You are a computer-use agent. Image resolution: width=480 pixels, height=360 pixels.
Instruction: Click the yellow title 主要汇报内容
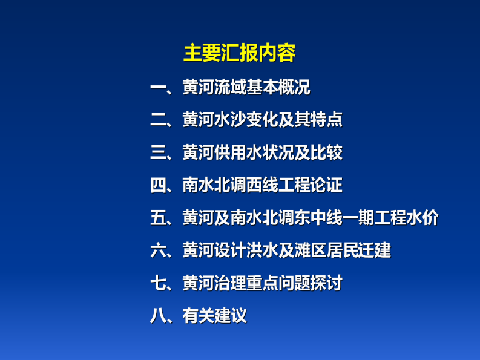[239, 53]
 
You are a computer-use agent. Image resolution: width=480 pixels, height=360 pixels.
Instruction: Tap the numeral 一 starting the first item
[158, 88]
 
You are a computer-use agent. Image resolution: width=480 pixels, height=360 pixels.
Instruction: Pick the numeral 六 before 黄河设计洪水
[158, 250]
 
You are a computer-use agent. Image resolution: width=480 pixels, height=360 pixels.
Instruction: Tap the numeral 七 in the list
[158, 283]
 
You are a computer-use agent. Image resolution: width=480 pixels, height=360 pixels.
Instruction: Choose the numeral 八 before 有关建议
[158, 315]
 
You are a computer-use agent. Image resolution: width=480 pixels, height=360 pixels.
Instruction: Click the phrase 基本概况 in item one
[278, 88]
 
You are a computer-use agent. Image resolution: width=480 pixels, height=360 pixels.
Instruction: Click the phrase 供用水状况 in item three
[254, 152]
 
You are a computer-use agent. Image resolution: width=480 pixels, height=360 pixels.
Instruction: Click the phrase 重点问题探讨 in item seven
[294, 283]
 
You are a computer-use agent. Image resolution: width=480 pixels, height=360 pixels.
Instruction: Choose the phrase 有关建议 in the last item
[214, 315]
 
